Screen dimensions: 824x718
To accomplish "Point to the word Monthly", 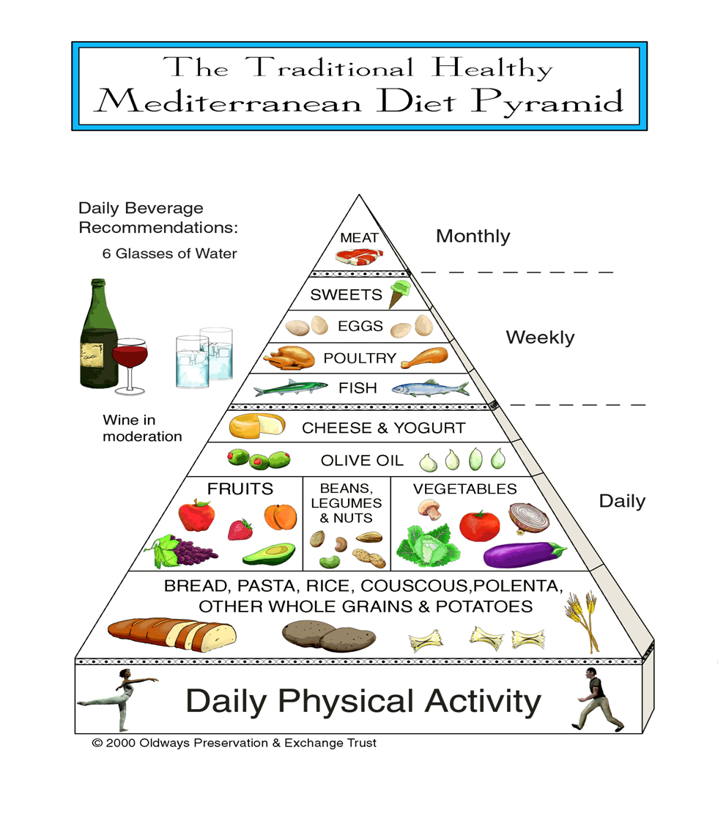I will (x=473, y=236).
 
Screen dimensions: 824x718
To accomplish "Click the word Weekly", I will (x=540, y=338).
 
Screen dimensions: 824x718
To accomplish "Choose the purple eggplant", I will (x=523, y=554).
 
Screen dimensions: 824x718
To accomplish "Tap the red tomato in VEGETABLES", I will (x=479, y=525).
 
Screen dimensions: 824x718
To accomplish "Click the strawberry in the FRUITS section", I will (x=240, y=529).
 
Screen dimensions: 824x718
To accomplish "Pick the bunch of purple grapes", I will (x=180, y=552).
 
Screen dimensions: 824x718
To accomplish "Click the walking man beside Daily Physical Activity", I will (x=595, y=700).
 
